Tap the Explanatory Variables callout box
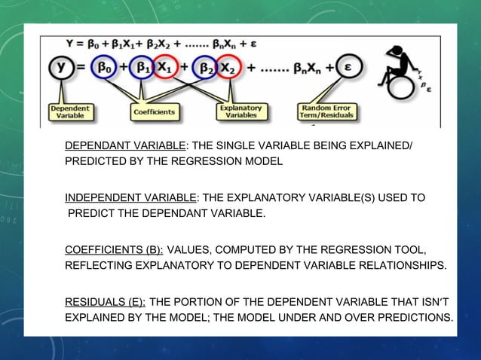coord(240,112)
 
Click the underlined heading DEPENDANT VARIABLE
coord(125,145)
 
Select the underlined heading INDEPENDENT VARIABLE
coord(130,198)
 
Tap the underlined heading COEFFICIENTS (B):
coord(114,250)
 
